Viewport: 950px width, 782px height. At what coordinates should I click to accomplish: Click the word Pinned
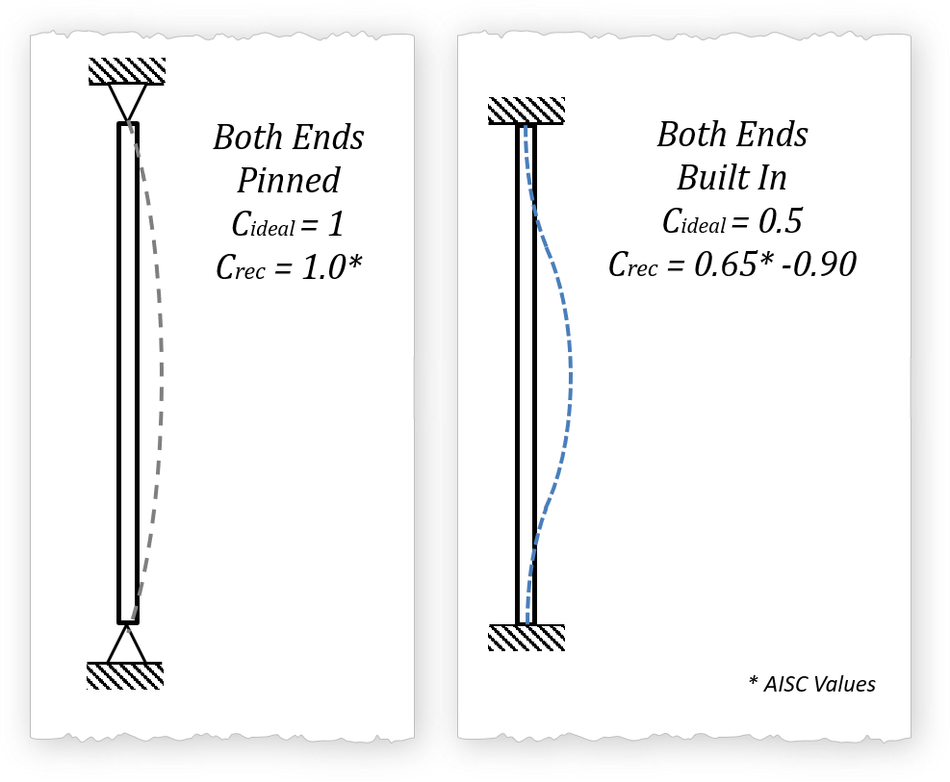point(289,180)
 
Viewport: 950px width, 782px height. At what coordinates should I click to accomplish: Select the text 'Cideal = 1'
point(288,224)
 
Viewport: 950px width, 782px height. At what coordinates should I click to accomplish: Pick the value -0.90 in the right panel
point(817,264)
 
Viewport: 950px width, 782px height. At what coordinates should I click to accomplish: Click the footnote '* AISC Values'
point(811,684)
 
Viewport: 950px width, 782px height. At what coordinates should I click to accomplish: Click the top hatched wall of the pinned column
point(127,70)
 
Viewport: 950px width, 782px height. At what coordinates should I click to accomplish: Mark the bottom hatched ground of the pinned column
point(125,675)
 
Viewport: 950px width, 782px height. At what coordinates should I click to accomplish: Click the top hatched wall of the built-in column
point(526,110)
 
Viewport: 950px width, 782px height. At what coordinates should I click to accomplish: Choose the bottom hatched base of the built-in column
point(526,638)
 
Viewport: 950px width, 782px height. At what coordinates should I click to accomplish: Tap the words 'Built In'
point(732,178)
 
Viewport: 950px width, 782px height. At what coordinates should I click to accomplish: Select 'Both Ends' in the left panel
point(289,137)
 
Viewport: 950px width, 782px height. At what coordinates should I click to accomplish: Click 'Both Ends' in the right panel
point(732,135)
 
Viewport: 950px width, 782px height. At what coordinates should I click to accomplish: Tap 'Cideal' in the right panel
point(693,223)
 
